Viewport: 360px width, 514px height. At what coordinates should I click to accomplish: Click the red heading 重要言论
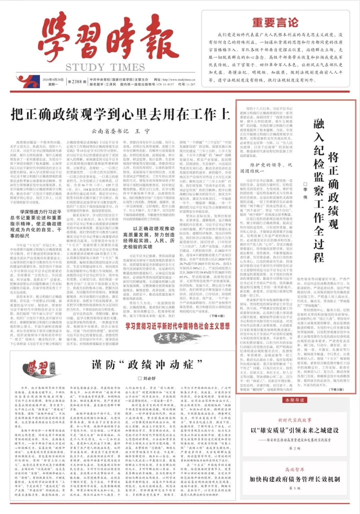click(275, 23)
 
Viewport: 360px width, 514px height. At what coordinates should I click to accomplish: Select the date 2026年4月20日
click(53, 80)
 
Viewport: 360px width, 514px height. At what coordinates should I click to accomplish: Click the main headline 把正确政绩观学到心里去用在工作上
click(121, 114)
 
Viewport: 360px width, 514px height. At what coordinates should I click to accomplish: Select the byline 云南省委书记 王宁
click(121, 131)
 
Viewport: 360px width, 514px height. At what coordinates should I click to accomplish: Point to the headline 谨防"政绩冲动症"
click(147, 364)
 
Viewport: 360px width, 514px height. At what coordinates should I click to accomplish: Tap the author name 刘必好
click(147, 378)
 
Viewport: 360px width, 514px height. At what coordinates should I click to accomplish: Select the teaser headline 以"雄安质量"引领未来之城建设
click(295, 430)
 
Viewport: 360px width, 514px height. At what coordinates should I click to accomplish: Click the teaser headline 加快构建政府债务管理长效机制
click(295, 479)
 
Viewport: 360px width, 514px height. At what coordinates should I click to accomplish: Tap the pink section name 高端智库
click(295, 469)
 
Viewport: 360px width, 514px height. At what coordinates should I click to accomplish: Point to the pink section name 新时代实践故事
click(295, 420)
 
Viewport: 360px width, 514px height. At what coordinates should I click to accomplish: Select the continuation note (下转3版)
click(336, 389)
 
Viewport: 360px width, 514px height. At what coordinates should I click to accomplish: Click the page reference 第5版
click(295, 488)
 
